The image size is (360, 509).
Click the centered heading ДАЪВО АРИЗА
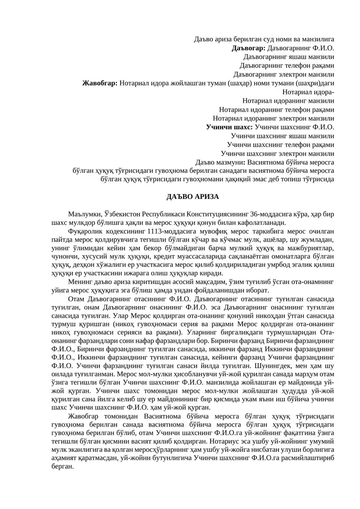click(x=193, y=197)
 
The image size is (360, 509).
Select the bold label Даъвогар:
click(x=249, y=48)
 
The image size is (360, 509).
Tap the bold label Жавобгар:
click(x=100, y=83)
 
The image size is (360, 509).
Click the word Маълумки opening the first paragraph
click(x=84, y=214)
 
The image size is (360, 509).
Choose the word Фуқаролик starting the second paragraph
click(x=86, y=232)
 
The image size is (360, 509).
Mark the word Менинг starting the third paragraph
click(x=79, y=282)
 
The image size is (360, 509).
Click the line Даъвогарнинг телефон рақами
click(x=287, y=66)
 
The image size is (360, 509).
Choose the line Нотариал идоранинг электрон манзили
click(x=273, y=118)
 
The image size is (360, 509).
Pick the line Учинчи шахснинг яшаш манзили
click(x=282, y=136)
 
